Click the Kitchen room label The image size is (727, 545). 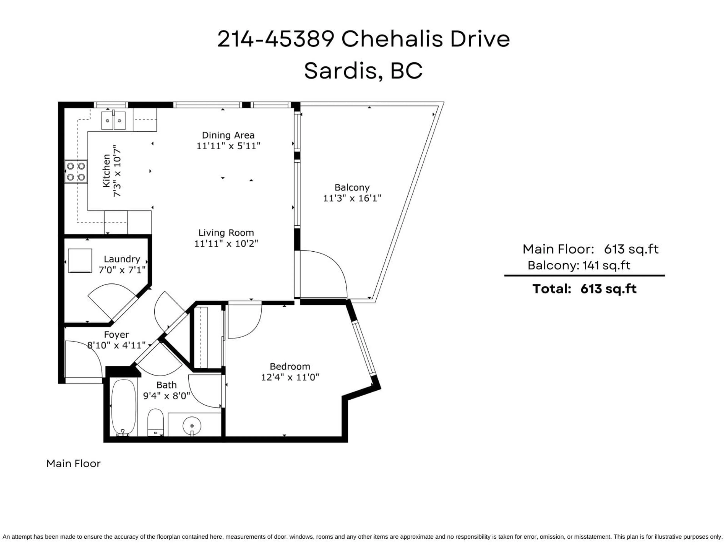106,171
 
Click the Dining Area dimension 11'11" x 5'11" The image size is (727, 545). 229,146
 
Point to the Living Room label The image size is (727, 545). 226,233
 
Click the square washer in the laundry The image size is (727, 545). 80,261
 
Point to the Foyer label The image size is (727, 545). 116,335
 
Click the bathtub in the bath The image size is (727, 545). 123,407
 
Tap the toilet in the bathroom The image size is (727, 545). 155,422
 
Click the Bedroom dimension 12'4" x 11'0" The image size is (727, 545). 290,377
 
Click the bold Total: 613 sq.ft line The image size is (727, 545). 584,289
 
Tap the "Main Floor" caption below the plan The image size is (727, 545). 73,463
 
